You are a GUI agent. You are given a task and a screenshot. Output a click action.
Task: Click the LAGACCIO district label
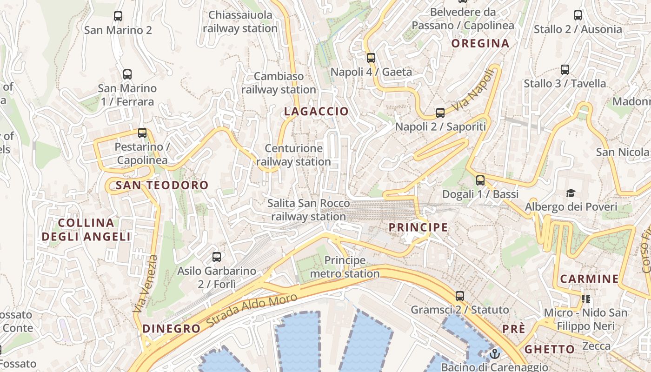pos(316,112)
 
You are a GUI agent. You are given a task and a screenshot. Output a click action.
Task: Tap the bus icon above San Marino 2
pos(118,16)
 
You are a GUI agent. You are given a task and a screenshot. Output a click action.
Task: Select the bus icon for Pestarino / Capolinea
pos(142,133)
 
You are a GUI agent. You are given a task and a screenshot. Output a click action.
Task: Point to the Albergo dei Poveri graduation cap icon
pos(571,193)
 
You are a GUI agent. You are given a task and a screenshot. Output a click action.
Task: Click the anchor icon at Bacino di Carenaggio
pos(495,354)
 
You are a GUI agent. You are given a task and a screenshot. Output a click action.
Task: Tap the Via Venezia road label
pos(146,284)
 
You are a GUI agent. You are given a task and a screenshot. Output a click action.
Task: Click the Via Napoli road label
pos(472,90)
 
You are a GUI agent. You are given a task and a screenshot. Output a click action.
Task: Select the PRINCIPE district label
pos(418,228)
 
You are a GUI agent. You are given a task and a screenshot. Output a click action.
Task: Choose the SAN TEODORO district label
pos(162,186)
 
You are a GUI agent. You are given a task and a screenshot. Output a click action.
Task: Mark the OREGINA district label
pos(480,44)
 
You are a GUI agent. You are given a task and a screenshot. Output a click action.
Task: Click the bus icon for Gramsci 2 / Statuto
pos(460,296)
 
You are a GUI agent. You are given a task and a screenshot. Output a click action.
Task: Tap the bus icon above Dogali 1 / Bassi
pos(480,180)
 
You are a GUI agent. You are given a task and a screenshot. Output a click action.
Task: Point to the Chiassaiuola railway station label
pos(240,21)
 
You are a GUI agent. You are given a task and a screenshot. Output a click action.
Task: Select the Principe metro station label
pos(345,267)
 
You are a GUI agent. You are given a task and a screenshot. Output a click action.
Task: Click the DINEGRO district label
pos(172,329)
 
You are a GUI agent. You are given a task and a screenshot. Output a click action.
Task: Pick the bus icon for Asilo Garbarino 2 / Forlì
pos(217,257)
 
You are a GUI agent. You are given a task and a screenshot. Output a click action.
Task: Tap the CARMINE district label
pos(589,279)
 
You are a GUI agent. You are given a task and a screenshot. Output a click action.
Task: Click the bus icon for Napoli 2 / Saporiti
pos(440,113)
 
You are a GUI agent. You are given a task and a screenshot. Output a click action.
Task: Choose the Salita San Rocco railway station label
pos(309,210)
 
